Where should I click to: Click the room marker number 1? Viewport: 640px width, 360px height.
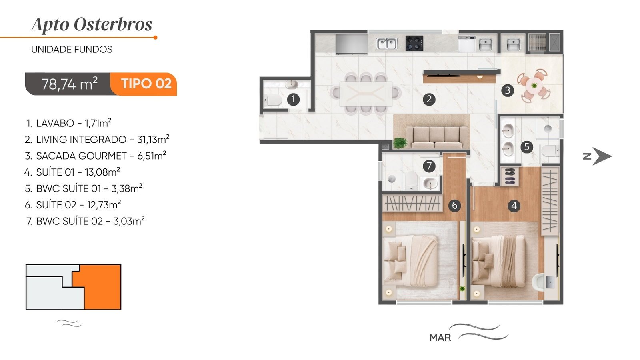[x=293, y=100]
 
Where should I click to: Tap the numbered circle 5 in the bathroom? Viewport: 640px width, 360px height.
[x=526, y=147]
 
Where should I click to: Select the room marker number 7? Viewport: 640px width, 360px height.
[x=429, y=166]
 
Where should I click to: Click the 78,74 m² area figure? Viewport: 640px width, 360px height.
[x=70, y=84]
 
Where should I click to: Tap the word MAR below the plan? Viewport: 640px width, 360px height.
[x=440, y=338]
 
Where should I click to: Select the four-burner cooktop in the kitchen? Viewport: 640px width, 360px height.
[x=414, y=43]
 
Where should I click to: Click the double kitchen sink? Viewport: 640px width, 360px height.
[x=386, y=44]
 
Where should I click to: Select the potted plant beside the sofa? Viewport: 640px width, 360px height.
[x=400, y=143]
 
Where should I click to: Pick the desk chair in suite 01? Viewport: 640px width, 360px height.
[x=538, y=282]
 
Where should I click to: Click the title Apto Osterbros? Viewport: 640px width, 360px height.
[x=92, y=24]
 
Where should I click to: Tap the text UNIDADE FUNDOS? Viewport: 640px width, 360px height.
[x=72, y=50]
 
